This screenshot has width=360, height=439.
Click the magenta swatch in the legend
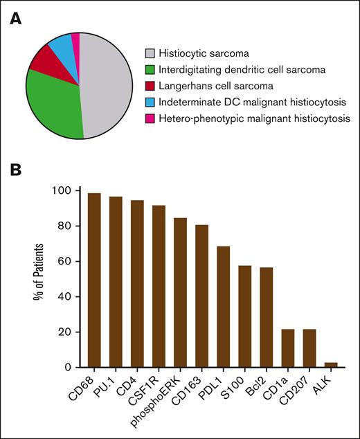click(x=150, y=118)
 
